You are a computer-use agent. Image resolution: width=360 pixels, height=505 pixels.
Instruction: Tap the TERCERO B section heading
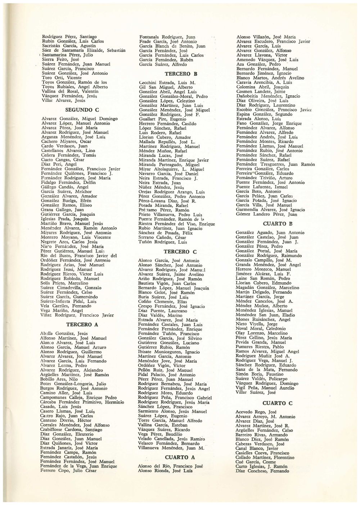coord(176,74)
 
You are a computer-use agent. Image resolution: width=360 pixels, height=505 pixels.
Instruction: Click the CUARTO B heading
coord(275,224)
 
